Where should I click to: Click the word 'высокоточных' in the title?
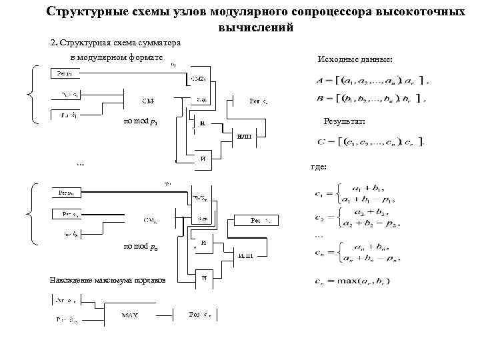(x=416, y=13)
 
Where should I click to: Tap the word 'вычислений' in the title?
(x=255, y=28)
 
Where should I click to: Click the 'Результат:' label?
(x=344, y=122)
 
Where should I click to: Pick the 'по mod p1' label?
(x=141, y=121)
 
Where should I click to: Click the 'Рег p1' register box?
(x=63, y=74)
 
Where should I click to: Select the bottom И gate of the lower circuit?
(x=205, y=277)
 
